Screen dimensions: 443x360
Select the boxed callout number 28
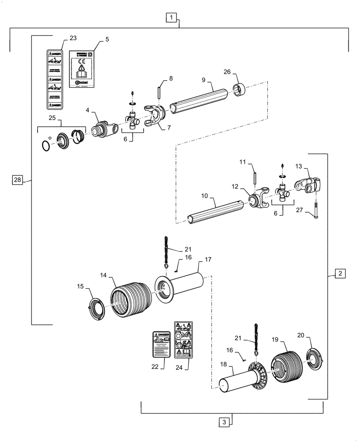coord(17,180)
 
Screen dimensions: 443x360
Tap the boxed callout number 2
coord(339,273)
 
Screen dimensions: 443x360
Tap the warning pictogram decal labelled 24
coord(183,339)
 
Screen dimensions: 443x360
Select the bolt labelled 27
coord(316,209)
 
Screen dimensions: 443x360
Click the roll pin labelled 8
coord(158,94)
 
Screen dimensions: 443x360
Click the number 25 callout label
coord(52,119)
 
